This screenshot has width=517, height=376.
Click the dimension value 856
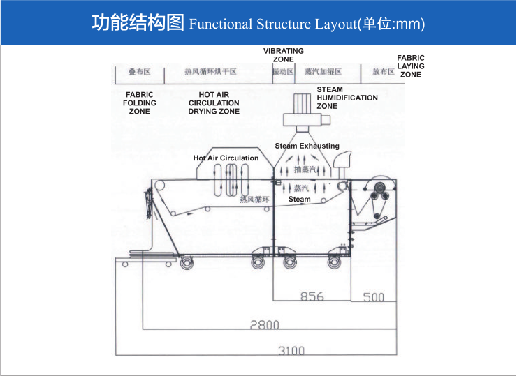click(312, 296)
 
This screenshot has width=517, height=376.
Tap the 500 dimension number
click(374, 297)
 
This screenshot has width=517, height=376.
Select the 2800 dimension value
click(264, 324)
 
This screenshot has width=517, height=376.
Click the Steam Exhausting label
click(307, 146)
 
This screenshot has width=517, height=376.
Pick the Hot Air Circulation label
click(226, 158)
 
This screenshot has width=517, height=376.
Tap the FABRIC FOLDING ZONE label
click(140, 103)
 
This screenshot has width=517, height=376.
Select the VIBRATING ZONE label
click(283, 55)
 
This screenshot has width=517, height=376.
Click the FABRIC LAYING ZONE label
click(411, 66)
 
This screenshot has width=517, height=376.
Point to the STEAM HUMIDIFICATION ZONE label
click(347, 98)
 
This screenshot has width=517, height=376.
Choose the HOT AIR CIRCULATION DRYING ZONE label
click(214, 103)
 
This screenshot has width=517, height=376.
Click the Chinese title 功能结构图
click(138, 24)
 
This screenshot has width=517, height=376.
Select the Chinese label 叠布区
click(135, 72)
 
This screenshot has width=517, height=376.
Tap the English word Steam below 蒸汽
click(300, 200)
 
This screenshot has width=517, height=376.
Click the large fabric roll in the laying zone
click(378, 188)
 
